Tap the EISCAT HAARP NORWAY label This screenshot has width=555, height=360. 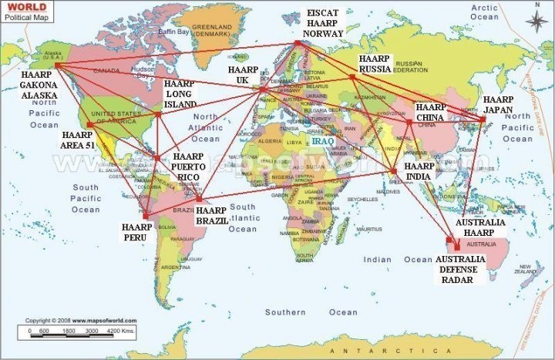323,24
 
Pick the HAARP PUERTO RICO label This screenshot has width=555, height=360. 188,166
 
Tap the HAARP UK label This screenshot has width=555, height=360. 242,75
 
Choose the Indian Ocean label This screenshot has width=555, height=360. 378,260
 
